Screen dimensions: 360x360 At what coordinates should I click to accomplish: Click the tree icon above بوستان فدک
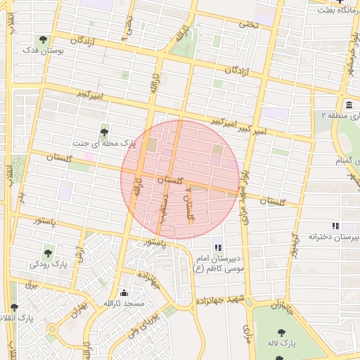[44, 39]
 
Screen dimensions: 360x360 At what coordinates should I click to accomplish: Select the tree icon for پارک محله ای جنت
[105, 131]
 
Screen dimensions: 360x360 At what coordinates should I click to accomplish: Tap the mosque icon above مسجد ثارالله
[124, 293]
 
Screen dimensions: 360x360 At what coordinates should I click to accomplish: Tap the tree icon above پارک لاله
[281, 332]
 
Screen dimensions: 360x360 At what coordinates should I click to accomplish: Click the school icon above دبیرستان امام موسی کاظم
[217, 247]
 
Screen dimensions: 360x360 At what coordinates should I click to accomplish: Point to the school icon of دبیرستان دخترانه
[335, 226]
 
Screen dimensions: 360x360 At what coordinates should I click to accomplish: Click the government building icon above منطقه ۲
[349, 105]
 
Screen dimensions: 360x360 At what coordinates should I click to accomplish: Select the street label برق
[30, 285]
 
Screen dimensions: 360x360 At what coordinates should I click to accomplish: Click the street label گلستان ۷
[188, 203]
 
